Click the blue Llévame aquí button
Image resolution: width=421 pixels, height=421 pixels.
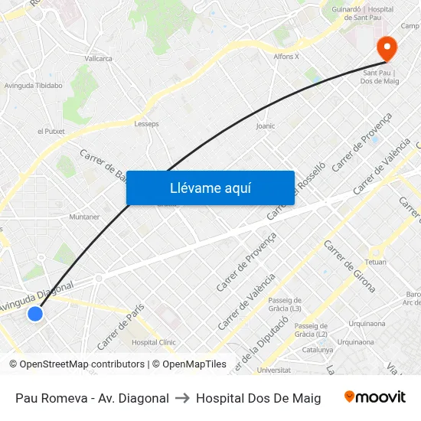(x=210, y=188)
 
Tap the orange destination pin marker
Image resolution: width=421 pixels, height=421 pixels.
(x=387, y=49)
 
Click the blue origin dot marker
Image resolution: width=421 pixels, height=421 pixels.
(x=34, y=313)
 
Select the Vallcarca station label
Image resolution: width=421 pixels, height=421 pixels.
(x=98, y=58)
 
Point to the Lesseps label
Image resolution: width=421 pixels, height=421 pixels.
(x=146, y=123)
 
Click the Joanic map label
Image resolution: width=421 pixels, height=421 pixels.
(x=266, y=126)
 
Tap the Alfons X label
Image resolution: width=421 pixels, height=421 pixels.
(x=286, y=57)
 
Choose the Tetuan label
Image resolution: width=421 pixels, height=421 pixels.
(x=375, y=262)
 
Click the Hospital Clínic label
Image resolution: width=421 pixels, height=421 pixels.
(x=153, y=343)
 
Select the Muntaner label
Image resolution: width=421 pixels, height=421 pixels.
(x=84, y=217)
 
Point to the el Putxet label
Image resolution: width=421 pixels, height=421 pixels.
(x=51, y=132)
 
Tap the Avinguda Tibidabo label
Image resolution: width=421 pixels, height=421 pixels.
(x=34, y=86)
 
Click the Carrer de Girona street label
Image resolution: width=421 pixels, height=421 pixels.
(x=350, y=266)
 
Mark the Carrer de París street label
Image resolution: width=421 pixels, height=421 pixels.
(x=120, y=321)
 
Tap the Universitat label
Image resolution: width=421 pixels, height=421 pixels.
(x=274, y=370)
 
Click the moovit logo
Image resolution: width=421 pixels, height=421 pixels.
(x=375, y=397)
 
